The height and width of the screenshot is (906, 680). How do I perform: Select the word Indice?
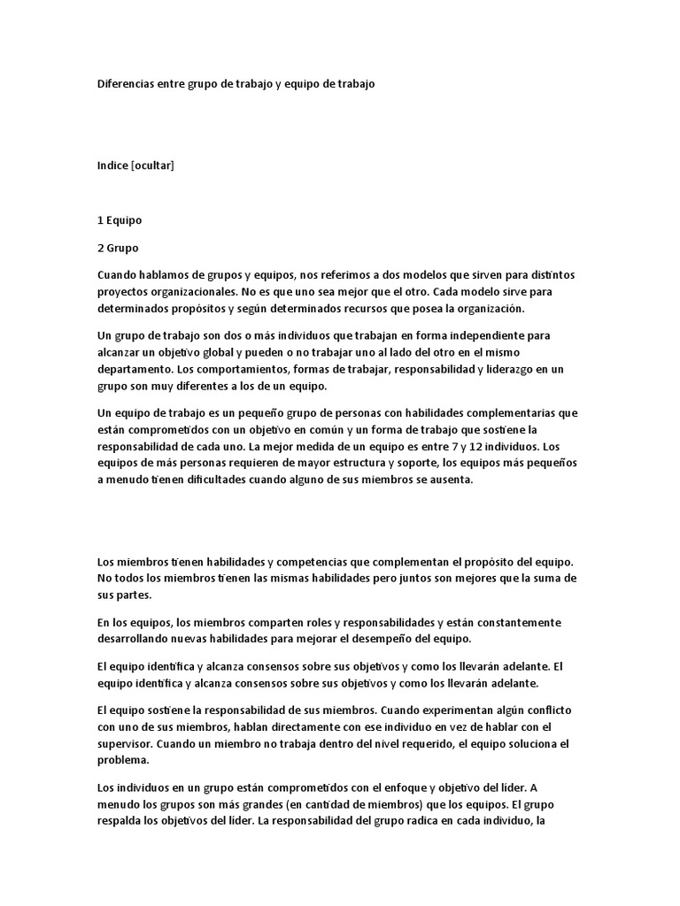tap(112, 165)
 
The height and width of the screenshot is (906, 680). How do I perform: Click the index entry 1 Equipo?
tap(120, 219)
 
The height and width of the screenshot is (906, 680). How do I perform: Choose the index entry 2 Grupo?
tap(118, 247)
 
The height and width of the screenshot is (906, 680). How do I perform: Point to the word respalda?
tap(125, 821)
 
